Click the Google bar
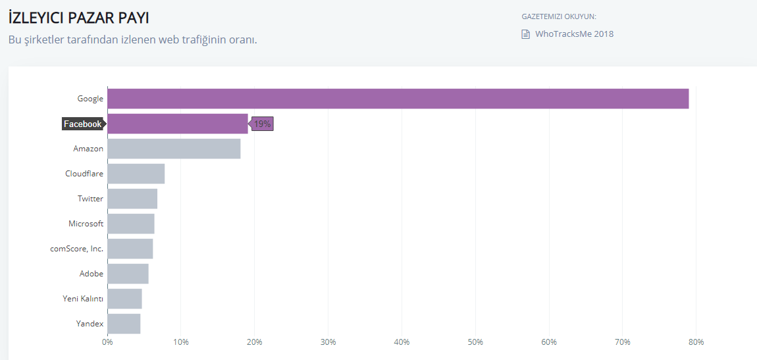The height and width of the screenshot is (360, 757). tap(398, 99)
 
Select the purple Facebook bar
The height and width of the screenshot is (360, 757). tap(178, 124)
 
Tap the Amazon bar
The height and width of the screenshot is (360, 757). tap(174, 149)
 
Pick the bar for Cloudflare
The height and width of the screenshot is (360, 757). tap(136, 174)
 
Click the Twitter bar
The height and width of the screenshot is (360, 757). tap(132, 199)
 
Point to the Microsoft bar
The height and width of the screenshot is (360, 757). tap(131, 224)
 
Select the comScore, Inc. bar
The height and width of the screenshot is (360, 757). tap(130, 249)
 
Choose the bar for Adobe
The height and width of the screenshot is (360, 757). tap(128, 274)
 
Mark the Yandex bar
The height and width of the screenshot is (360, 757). tap(124, 324)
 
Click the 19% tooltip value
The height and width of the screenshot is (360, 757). tap(263, 124)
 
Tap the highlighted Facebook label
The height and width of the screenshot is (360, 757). tap(82, 124)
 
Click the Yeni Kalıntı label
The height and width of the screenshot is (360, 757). tap(82, 299)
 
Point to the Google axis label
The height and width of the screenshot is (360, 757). tap(90, 99)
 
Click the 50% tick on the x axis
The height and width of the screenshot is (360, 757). tap(475, 342)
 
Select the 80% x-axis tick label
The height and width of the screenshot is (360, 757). tap(696, 342)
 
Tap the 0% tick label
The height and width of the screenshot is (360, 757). tap(107, 342)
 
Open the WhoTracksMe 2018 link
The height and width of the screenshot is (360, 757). tap(574, 34)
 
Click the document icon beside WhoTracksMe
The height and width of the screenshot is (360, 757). tap(525, 34)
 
